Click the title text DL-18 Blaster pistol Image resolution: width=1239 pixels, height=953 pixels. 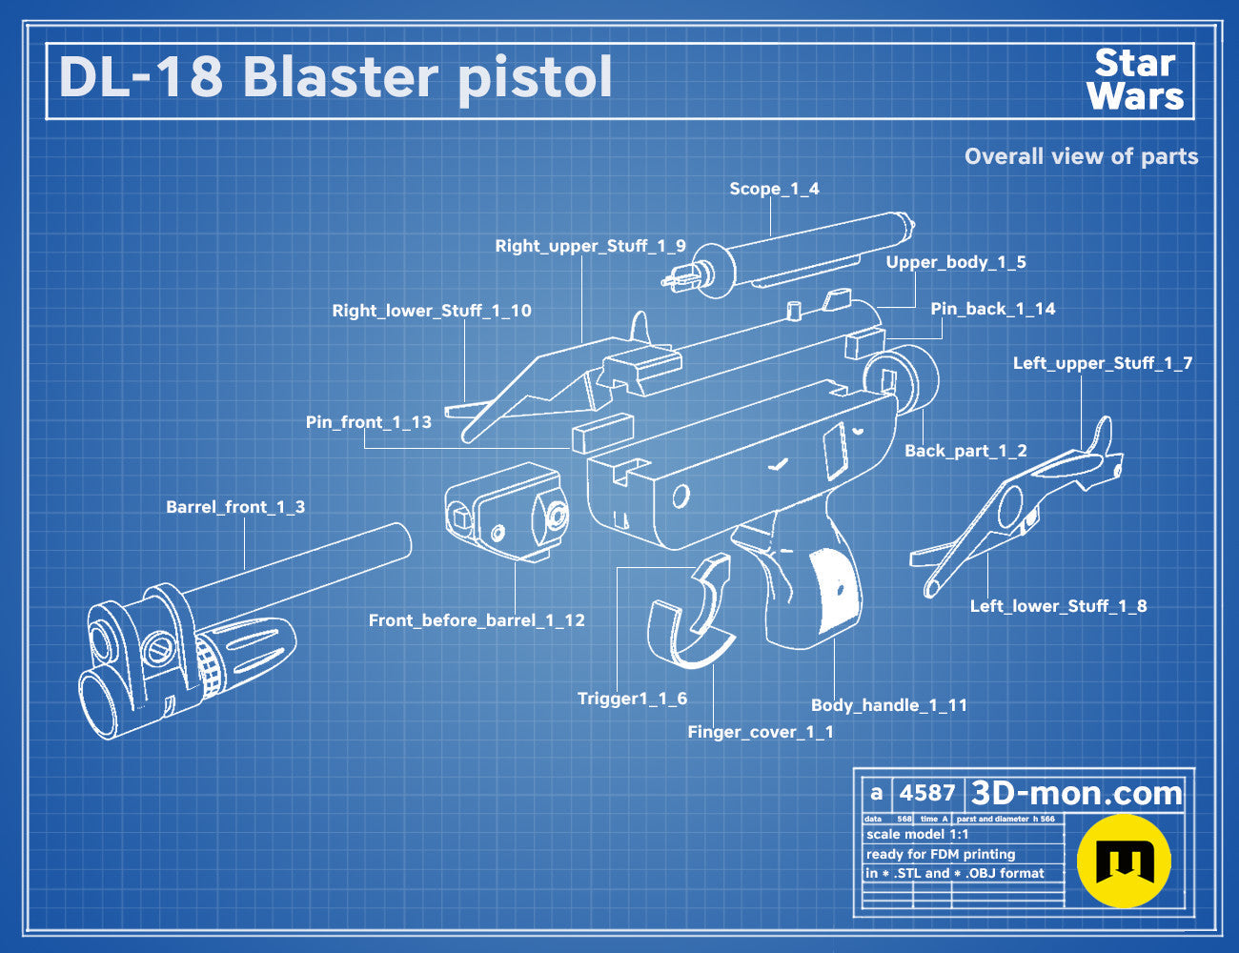coord(335,78)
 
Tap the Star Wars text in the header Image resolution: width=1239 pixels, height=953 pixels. coord(1135,79)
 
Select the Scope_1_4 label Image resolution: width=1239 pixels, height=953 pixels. coord(774,189)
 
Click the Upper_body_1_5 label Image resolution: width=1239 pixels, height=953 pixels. coord(956,262)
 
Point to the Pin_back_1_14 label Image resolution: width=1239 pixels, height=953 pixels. coord(993,309)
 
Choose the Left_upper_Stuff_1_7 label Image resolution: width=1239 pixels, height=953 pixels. coord(1103,363)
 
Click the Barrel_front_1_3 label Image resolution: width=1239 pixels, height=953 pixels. coord(235,507)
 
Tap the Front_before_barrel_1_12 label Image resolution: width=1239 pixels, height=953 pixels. coord(477,620)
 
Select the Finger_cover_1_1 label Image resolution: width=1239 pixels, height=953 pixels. coord(760,732)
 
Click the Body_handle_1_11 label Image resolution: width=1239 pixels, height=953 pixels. coord(889,705)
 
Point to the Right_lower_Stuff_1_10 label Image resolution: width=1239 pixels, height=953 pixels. coord(432,311)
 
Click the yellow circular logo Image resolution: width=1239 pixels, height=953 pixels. coord(1124,862)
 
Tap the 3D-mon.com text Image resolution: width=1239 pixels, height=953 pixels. coord(1076,793)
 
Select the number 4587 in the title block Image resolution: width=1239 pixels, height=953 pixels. coord(927,793)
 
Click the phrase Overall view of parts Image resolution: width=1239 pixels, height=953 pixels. coord(1081,156)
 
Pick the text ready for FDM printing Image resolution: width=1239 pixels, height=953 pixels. coord(941,854)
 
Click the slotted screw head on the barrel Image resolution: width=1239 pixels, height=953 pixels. coord(158,649)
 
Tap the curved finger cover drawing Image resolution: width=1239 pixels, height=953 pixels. coord(689,633)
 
